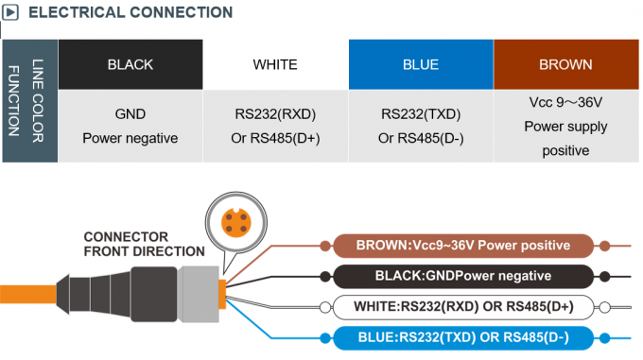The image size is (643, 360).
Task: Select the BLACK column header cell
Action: coord(130,64)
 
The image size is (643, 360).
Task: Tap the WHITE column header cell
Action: coord(275,64)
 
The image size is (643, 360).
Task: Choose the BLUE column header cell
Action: coord(421,64)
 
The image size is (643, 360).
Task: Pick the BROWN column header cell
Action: coord(565,64)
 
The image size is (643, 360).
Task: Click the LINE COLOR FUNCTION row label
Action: coord(29,100)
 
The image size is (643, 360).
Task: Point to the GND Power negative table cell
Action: coord(130,126)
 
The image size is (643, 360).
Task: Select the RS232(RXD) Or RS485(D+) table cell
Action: coord(275,126)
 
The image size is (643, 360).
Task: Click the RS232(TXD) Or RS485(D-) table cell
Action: coord(421,126)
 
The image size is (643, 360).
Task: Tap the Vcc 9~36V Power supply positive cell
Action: coord(565,126)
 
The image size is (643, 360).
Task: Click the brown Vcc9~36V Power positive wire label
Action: coord(462,246)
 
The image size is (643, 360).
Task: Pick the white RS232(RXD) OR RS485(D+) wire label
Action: coord(462,306)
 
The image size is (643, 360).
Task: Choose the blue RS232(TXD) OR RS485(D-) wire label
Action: coord(462,336)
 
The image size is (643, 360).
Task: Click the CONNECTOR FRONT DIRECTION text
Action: coord(144,244)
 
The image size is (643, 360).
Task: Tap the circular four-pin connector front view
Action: coord(235,221)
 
